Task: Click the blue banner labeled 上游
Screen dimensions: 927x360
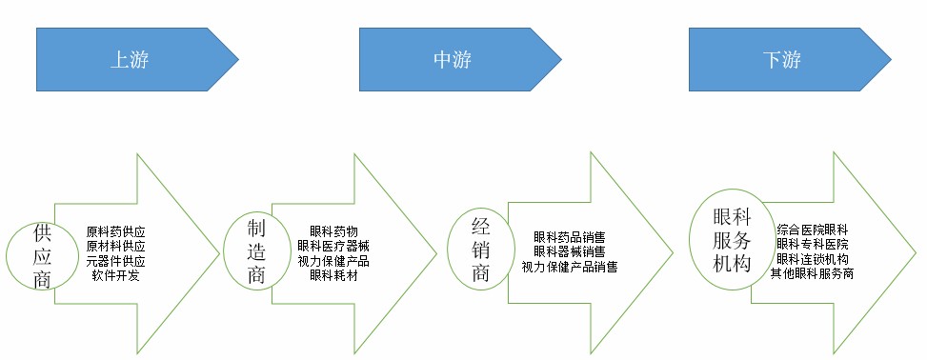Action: tap(137, 59)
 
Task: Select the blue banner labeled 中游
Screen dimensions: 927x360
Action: tap(460, 59)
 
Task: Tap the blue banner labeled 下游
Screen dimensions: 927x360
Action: tap(790, 59)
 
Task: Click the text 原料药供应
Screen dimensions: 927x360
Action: tap(115, 231)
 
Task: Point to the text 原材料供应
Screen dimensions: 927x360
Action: tap(115, 246)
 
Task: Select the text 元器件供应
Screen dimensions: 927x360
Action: tap(115, 261)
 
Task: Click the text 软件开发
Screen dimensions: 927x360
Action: tap(115, 275)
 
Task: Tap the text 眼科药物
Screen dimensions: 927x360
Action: tap(333, 231)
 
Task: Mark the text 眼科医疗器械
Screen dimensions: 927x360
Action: tap(333, 246)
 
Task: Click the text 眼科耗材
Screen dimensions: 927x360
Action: tap(333, 275)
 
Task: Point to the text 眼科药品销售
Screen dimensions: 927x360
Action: tap(570, 238)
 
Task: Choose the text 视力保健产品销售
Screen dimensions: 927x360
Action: tap(570, 268)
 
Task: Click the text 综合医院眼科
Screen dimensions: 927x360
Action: tap(813, 230)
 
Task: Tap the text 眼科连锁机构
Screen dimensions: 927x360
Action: tap(813, 259)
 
